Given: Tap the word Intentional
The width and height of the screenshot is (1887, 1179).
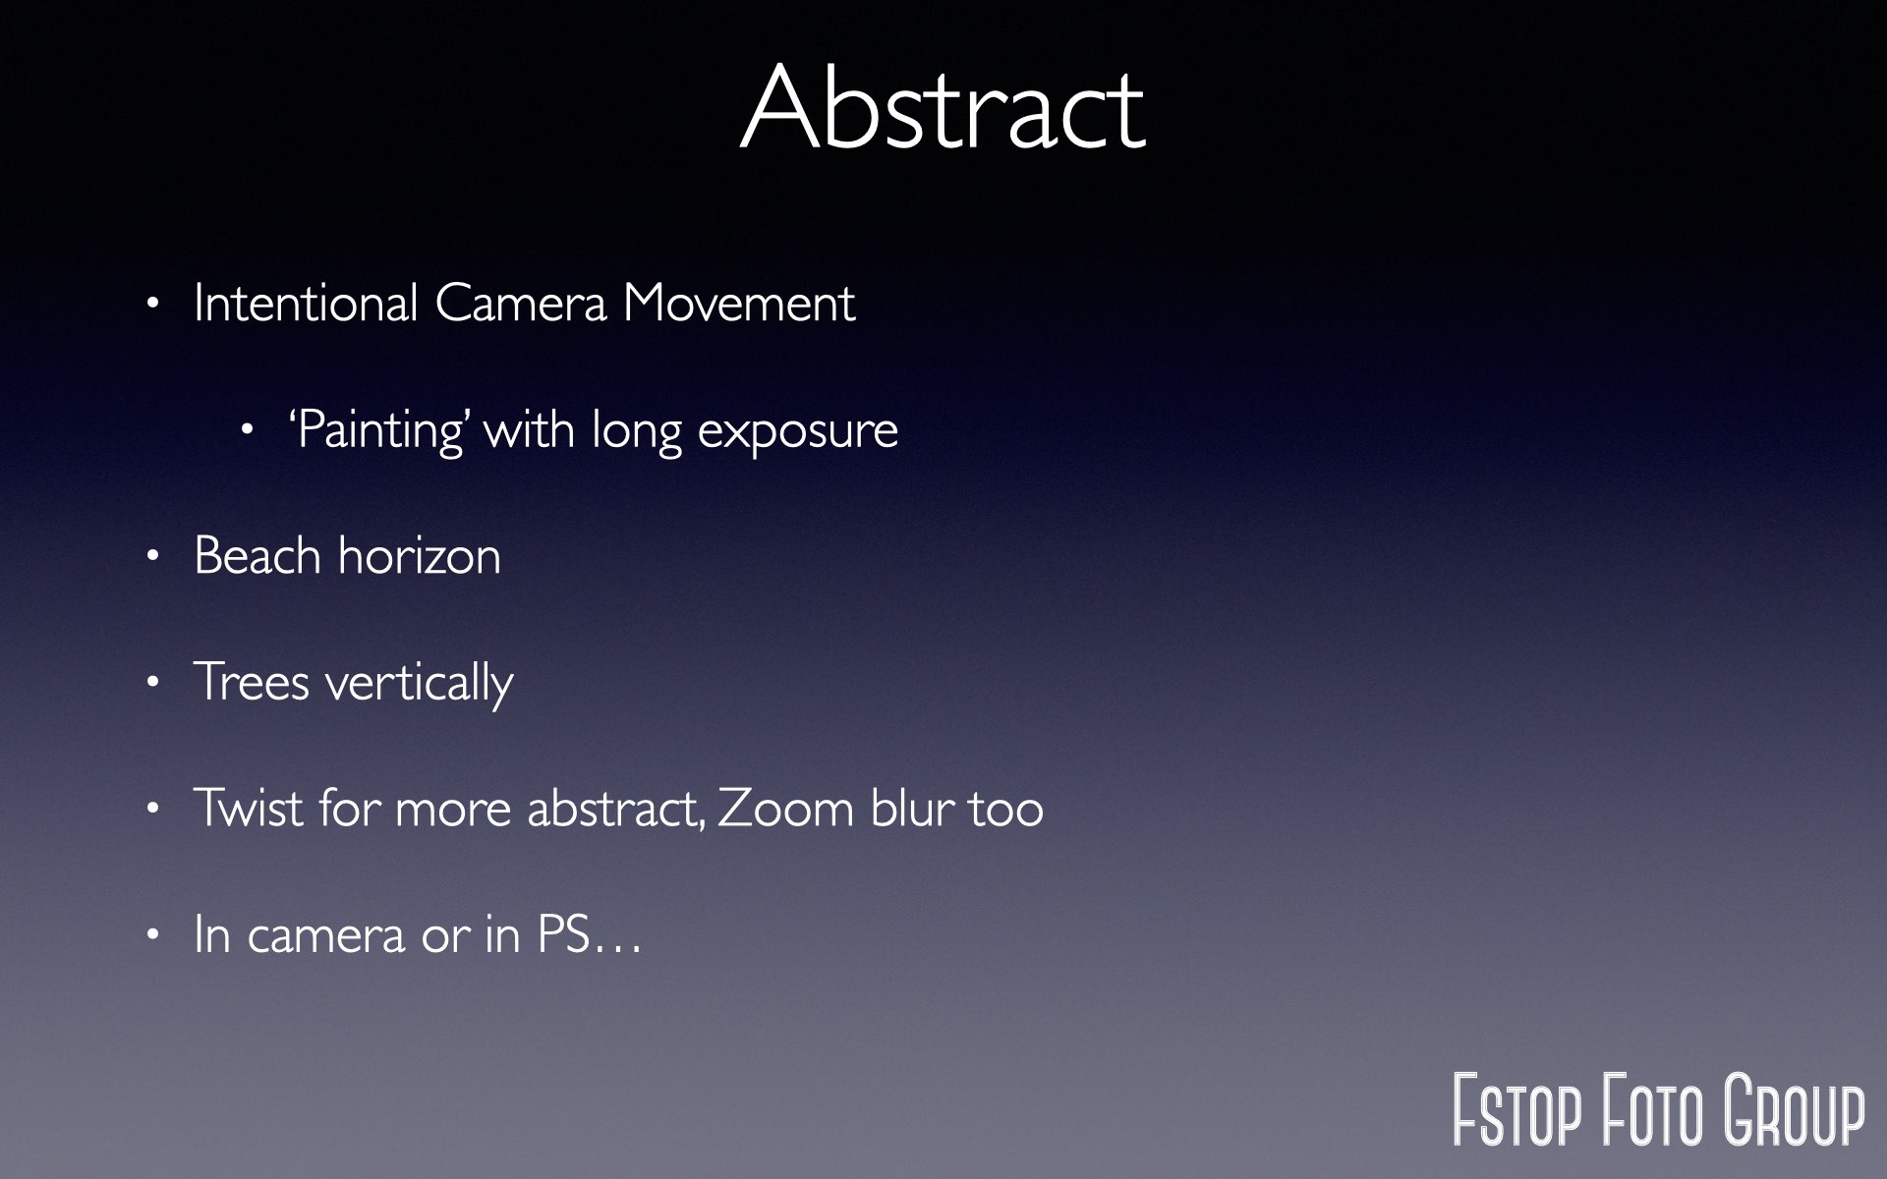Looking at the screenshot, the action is pos(306,303).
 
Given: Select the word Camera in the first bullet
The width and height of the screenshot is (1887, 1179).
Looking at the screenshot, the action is pos(521,303).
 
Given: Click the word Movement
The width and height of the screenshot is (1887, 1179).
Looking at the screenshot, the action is pos(739,303).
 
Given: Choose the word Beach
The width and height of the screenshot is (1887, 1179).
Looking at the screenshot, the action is pos(257,555).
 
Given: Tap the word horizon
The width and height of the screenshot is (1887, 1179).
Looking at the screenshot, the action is pos(420,556).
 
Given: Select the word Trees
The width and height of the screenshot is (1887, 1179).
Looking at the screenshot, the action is pos(252,682).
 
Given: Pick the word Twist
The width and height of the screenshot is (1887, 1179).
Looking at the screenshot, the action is pos(248,808).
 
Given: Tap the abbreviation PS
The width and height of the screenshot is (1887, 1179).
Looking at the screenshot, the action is pos(562,934).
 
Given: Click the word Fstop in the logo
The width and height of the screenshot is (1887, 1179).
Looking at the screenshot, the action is pos(1517,1110).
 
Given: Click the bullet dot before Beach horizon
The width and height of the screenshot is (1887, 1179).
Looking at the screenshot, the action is pos(152,557).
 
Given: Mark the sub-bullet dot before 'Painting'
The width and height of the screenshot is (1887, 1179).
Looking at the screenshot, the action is pos(248,430).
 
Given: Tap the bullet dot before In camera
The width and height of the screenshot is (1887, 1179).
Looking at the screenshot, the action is pos(152,935).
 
